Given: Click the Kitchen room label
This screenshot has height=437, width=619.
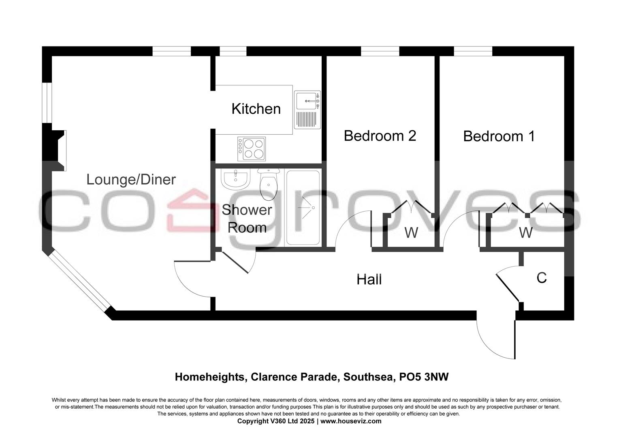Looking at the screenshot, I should click(x=256, y=109).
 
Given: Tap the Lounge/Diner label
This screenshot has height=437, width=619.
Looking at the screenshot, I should click(x=131, y=180).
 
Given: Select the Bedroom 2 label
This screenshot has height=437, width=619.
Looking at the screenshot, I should click(x=380, y=136).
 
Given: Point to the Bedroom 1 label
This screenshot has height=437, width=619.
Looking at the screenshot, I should click(x=499, y=136).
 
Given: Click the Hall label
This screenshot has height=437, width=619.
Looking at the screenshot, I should click(x=369, y=280).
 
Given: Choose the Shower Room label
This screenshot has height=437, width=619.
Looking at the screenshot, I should click(x=247, y=219).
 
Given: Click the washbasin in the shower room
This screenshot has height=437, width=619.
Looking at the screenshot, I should click(x=235, y=179).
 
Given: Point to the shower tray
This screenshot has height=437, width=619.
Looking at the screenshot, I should click(x=303, y=208).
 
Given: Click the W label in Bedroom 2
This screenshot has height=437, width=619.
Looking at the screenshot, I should click(x=411, y=233).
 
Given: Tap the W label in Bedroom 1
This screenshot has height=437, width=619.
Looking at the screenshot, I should click(x=525, y=233).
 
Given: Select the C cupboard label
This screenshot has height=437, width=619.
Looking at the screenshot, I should click(x=542, y=278).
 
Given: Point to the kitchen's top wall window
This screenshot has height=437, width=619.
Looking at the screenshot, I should click(x=233, y=51).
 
